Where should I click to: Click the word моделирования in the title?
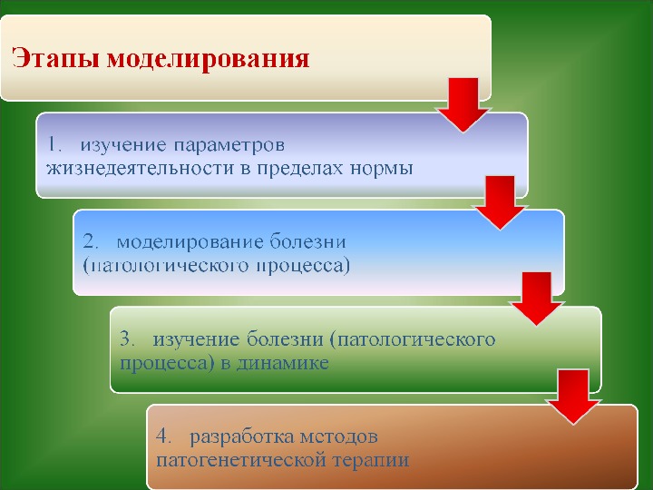coord(209,61)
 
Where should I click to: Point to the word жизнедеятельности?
coord(126,168)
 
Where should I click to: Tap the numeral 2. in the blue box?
coord(92,242)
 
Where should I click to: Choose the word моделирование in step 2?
coord(191,242)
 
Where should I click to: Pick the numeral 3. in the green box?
coord(128,339)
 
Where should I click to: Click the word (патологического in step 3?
coord(413,339)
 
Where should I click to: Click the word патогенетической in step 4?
coord(240,459)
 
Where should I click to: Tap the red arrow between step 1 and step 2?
coord(500,202)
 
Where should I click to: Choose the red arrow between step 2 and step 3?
coord(537,299)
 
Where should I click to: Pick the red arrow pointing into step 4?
coord(574,396)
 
